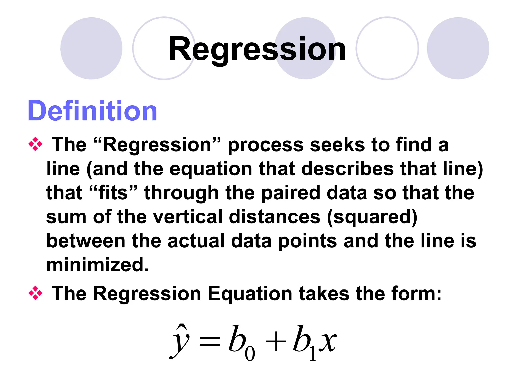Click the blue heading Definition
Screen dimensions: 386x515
tap(92, 111)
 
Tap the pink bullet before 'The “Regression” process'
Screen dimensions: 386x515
tap(35, 144)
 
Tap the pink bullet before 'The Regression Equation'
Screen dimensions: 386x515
tap(35, 293)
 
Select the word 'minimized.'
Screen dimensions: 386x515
tap(98, 265)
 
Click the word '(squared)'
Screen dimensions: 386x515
tap(372, 217)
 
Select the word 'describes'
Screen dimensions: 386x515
tap(347, 169)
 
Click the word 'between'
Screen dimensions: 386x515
tap(86, 241)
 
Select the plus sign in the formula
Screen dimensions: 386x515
tap(276, 342)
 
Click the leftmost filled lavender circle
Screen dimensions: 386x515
tap(91, 48)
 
